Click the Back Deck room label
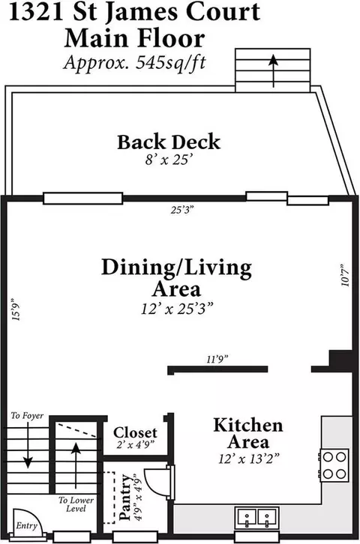point(169,142)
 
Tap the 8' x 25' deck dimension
point(169,160)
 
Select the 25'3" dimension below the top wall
point(182,210)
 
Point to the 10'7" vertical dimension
point(346,276)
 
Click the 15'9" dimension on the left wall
point(16,309)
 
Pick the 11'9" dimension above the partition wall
point(217,359)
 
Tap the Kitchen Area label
point(247,434)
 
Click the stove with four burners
point(334,465)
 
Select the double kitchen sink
point(256,518)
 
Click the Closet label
point(135,432)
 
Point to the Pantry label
point(125,497)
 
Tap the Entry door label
point(26,526)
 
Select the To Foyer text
point(27,415)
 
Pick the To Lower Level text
point(76,504)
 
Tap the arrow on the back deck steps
point(274,70)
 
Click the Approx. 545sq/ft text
point(135,62)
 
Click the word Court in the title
point(223,12)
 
